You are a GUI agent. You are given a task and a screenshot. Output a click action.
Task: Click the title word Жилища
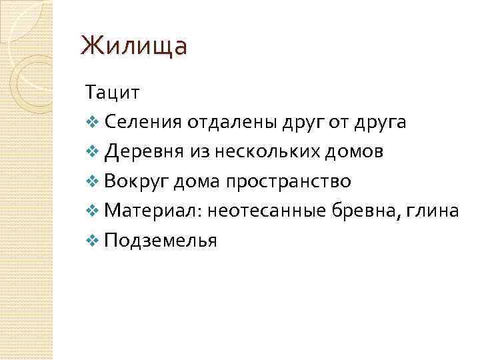pos(134,47)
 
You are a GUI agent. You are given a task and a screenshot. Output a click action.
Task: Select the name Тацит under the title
pos(111,92)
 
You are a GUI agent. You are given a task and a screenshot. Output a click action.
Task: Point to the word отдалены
pos(223,122)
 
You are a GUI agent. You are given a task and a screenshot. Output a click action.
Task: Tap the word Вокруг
pos(137,181)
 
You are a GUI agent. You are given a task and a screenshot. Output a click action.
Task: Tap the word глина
pos(436,211)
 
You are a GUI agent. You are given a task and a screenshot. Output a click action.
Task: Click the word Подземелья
pos(161,241)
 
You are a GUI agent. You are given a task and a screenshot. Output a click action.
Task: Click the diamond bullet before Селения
pos(92,123)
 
